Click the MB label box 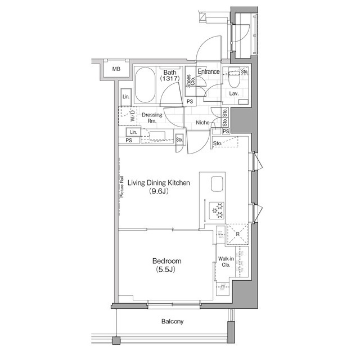pyautogui.click(x=116, y=69)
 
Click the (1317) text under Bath pyautogui.click(x=169, y=79)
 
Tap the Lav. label pyautogui.click(x=233, y=94)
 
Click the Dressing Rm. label pyautogui.click(x=154, y=118)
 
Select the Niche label pyautogui.click(x=202, y=122)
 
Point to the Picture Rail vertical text pyautogui.click(x=121, y=186)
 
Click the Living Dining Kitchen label pyautogui.click(x=159, y=183)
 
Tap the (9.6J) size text pyautogui.click(x=159, y=192)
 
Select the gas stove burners pyautogui.click(x=217, y=211)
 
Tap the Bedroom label pyautogui.click(x=166, y=261)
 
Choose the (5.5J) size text pyautogui.click(x=166, y=270)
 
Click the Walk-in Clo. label pyautogui.click(x=226, y=262)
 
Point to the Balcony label pyautogui.click(x=172, y=322)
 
